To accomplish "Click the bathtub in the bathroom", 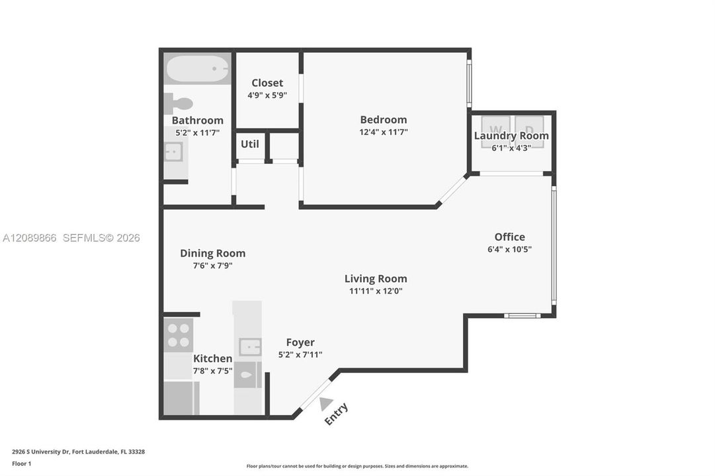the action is [x=198, y=69].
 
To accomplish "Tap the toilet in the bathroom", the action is [x=179, y=104].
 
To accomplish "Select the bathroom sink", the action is [x=173, y=152].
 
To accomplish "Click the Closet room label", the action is [x=267, y=83].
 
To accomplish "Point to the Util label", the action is [x=250, y=144].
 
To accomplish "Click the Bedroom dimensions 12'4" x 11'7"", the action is [x=384, y=132].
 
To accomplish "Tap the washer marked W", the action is [x=495, y=132].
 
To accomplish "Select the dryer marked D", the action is [x=529, y=132].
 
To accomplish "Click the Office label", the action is [x=510, y=237].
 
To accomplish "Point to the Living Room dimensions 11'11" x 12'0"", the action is [x=376, y=292].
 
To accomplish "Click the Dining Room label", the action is [x=212, y=253].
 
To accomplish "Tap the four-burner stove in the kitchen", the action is [x=179, y=335].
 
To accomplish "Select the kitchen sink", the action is [x=250, y=348].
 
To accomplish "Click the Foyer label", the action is [x=300, y=342].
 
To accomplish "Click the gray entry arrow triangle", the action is [x=325, y=404].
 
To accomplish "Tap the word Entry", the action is [x=337, y=414].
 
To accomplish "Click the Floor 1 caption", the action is [x=21, y=463].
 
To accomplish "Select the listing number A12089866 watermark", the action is [x=30, y=238].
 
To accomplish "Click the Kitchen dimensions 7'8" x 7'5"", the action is [x=212, y=371].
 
